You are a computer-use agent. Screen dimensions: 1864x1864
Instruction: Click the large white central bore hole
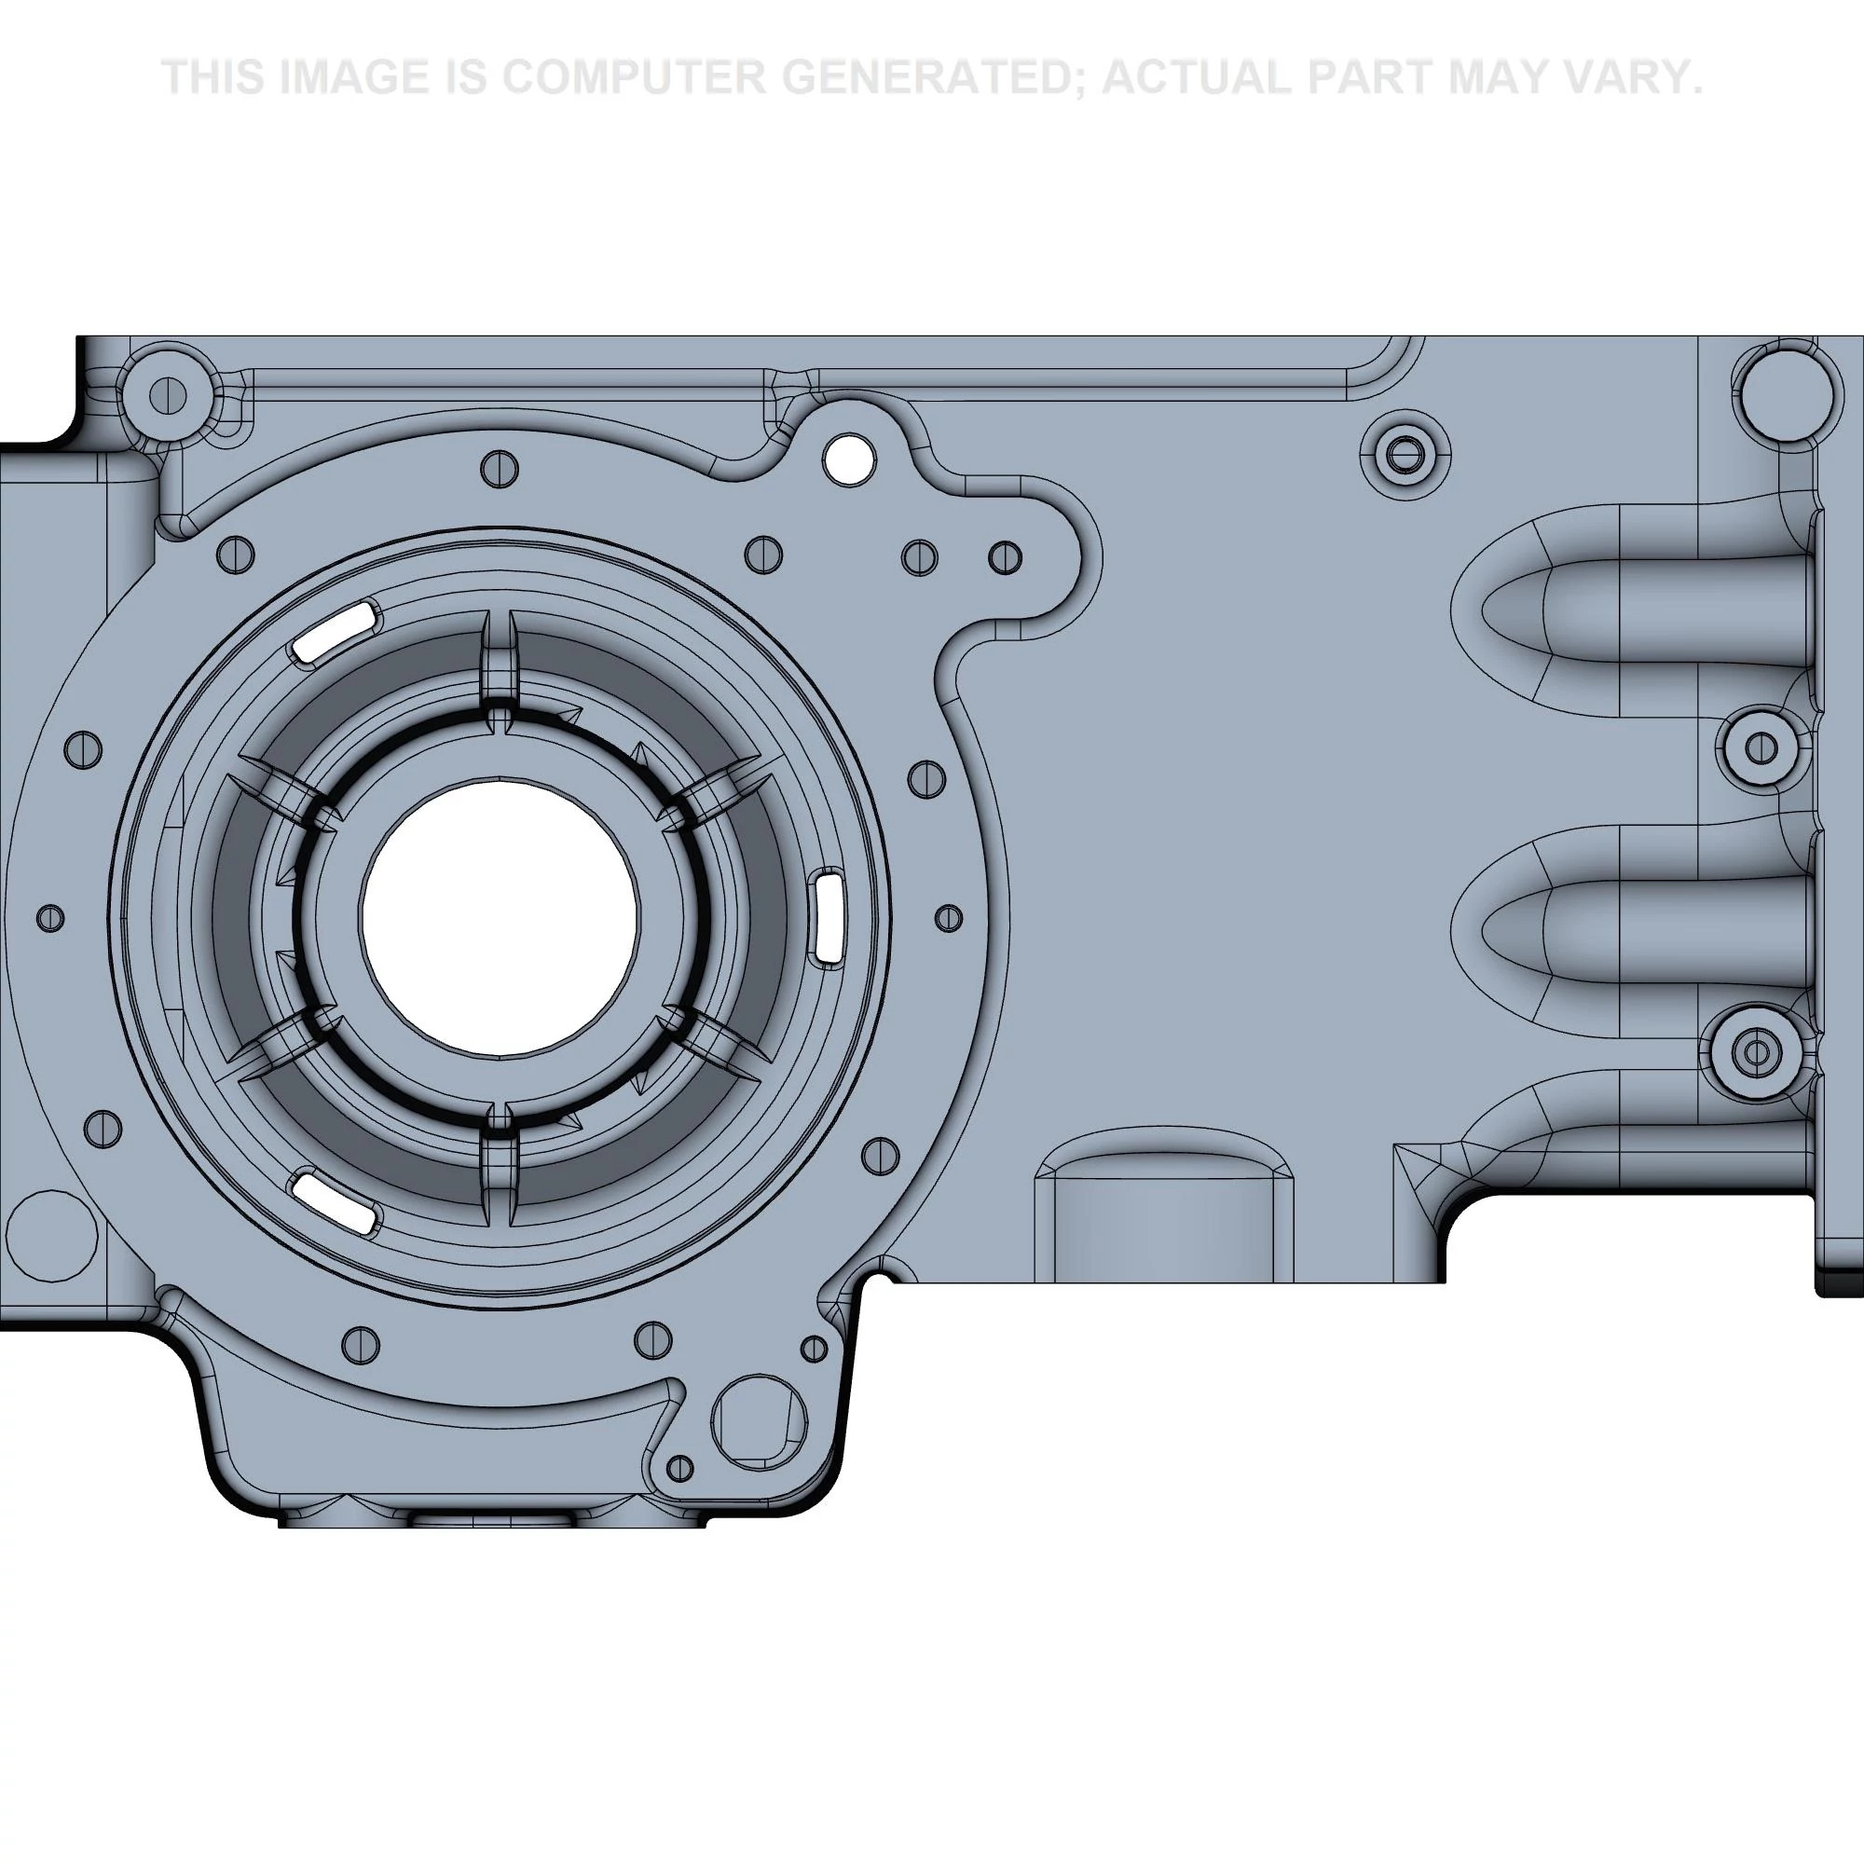tap(500, 917)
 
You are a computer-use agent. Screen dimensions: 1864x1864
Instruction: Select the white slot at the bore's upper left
tap(334, 630)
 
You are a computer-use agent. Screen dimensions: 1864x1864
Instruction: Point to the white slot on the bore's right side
tap(829, 915)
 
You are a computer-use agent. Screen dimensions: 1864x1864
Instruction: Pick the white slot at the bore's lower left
tap(334, 1202)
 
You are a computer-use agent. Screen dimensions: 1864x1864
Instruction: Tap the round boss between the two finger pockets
tap(1762, 747)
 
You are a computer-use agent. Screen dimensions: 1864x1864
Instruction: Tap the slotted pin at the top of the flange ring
tap(499, 470)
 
